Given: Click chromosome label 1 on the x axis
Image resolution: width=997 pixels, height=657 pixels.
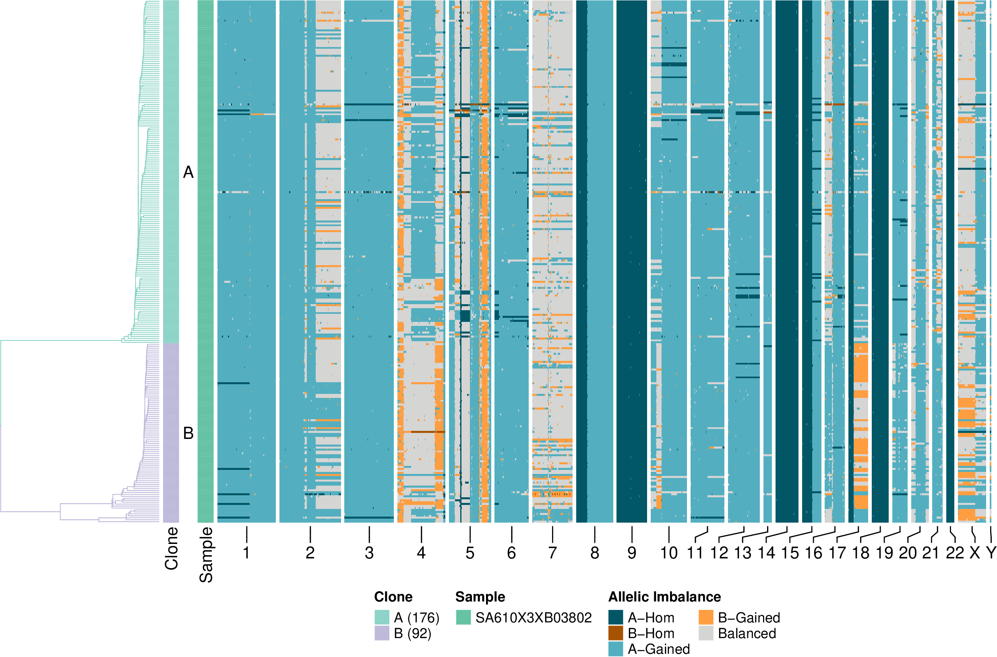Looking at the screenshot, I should point(246,553).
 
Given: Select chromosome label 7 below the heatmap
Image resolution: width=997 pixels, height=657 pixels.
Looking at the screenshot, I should point(552,553).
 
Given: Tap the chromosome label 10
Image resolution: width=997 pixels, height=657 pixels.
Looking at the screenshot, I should point(669,553).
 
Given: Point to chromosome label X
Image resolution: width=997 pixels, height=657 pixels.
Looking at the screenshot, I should point(975,553).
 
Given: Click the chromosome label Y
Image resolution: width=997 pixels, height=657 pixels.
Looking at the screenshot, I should point(991,553).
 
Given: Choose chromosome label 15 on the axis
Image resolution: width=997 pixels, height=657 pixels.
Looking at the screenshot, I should point(790,553).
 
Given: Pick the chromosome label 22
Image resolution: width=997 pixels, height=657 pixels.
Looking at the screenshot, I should point(955,553).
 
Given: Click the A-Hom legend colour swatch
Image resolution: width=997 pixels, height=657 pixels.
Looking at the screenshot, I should point(615,618).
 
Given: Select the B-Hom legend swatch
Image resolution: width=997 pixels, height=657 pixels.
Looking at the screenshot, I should point(615,633).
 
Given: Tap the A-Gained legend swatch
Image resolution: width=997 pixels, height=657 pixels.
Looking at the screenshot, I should point(615,649).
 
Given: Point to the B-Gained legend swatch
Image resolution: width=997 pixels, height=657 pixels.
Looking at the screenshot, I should point(706,618).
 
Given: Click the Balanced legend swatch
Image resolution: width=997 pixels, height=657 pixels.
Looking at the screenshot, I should point(706,633).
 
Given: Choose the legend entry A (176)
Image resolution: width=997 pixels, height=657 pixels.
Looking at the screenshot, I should point(416,618).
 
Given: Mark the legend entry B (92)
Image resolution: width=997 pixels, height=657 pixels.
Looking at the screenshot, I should point(413,633).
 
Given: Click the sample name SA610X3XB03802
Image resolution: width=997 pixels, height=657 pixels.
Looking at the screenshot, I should point(533,618).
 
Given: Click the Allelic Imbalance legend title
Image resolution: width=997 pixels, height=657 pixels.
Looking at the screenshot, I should point(664,597).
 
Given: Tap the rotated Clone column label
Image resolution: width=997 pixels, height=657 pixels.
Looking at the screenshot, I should point(172,548).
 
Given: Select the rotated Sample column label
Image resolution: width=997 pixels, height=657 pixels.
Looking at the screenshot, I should point(206,555).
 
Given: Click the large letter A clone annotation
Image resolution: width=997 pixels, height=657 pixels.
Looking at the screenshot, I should point(188,172).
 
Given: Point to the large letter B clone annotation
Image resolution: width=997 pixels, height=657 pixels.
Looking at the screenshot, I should point(188,433).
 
